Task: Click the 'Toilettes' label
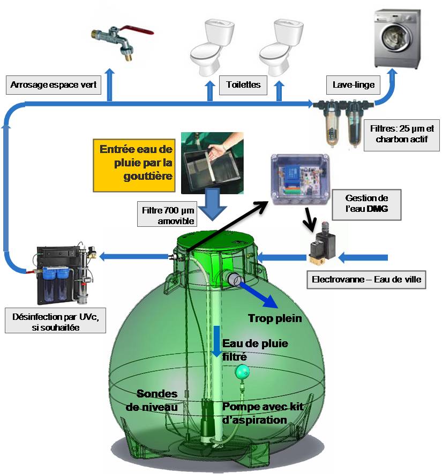pos(243,85)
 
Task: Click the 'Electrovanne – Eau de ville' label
pos(369,279)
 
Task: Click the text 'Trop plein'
pos(275,318)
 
